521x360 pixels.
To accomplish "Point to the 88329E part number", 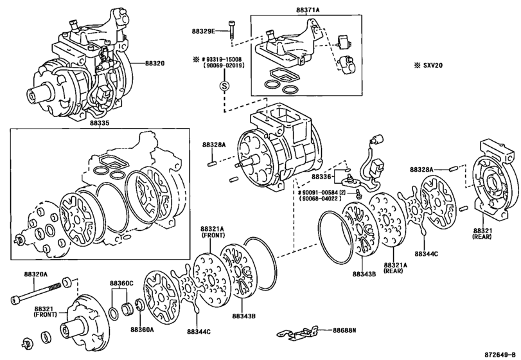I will pyautogui.click(x=204, y=31).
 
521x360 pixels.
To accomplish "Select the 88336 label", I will pyautogui.click(x=323, y=175).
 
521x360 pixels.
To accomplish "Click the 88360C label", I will pyautogui.click(x=121, y=283).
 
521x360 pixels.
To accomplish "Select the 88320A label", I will pyautogui.click(x=37, y=274).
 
